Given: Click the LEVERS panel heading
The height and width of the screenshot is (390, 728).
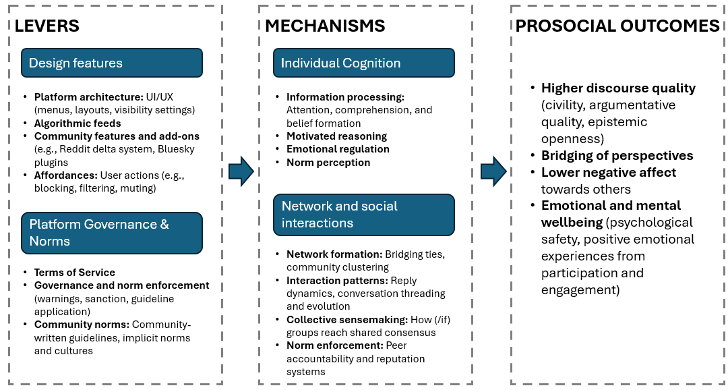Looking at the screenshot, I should tap(47, 26).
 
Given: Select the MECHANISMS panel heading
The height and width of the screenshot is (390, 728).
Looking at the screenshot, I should tap(324, 26).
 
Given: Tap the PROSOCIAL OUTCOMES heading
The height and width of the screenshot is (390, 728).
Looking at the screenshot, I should tap(617, 26).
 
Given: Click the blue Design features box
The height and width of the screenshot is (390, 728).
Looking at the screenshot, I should tap(112, 63).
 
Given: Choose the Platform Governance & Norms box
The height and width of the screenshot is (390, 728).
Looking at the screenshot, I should tap(112, 233).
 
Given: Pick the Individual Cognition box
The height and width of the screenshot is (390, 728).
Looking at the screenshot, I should tap(363, 63).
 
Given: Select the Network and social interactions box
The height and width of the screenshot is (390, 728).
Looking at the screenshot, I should tap(363, 215).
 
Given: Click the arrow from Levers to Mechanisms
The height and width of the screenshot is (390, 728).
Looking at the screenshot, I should tap(241, 173).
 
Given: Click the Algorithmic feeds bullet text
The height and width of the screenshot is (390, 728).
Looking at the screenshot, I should tap(78, 123).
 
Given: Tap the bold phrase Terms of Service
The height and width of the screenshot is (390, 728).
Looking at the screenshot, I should tap(75, 272).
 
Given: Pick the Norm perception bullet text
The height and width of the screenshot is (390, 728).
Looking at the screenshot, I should tap(328, 163).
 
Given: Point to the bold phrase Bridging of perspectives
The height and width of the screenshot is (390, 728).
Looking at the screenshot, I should tap(617, 156).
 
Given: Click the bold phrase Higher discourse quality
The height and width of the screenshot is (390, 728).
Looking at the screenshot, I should tap(618, 88).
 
